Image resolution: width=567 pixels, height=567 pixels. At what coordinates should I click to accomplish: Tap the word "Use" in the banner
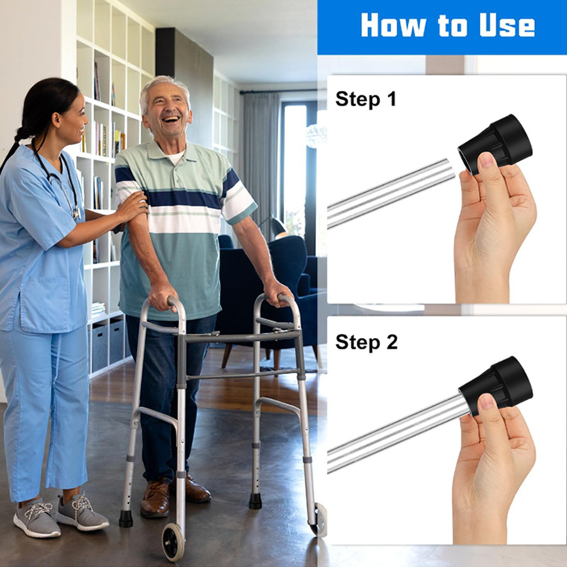(507, 26)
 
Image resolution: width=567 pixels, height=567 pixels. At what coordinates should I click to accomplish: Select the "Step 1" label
(366, 99)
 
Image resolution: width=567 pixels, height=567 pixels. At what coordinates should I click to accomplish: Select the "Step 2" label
(366, 342)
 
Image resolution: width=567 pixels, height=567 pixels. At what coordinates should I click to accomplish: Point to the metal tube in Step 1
(391, 193)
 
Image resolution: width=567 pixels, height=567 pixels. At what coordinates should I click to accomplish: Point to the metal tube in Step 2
(398, 433)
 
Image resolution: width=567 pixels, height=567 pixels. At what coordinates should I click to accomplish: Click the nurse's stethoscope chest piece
(77, 213)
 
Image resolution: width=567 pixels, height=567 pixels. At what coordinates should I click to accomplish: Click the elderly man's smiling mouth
(171, 119)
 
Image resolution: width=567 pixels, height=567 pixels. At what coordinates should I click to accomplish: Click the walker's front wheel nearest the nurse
(173, 541)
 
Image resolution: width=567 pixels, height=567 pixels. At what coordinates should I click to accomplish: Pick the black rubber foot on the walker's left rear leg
(126, 519)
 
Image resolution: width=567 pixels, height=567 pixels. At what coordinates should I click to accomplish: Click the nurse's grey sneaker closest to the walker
(82, 512)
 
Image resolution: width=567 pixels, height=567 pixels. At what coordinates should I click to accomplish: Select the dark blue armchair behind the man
(268, 293)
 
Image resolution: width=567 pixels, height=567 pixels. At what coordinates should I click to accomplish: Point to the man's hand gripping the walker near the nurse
(162, 296)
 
